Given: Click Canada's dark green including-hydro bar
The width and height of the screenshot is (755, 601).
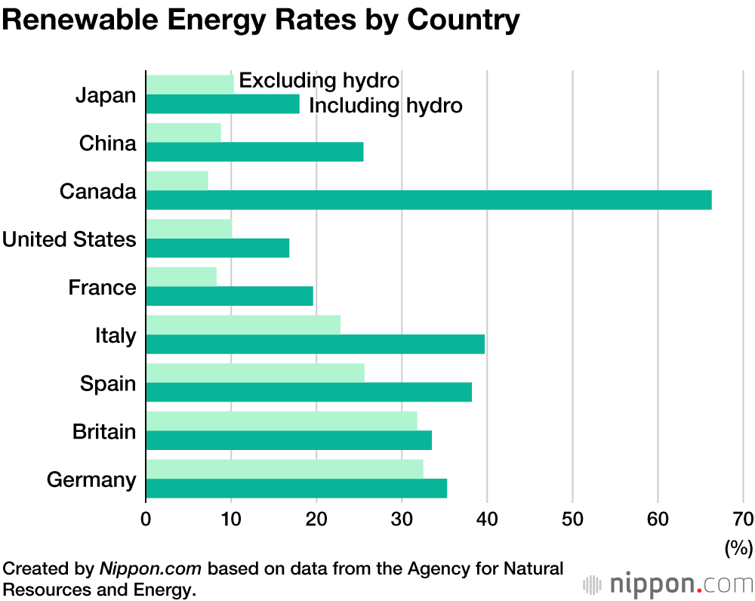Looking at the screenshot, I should tap(428, 199).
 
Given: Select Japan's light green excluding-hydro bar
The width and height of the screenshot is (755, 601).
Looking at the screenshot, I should tap(190, 85).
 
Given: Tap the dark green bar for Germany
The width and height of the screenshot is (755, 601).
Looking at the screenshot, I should tap(296, 489).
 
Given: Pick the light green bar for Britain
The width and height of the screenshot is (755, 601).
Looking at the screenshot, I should tap(281, 421).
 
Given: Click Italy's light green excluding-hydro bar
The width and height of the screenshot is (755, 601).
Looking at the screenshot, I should tap(242, 325).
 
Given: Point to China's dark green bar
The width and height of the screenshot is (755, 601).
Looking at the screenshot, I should tap(254, 152).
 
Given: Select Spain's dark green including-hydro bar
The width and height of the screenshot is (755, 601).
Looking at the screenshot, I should tap(308, 392).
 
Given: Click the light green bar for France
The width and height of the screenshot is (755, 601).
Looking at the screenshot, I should tap(181, 276).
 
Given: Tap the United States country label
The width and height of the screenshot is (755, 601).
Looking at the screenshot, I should tap(69, 240).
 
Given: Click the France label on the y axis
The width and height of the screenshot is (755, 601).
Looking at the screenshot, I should tap(102, 288).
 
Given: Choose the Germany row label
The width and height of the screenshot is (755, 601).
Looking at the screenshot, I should tap(91, 479).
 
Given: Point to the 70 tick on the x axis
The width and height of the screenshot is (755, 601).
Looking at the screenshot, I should tap(743, 519).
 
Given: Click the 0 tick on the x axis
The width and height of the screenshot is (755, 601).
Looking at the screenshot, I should tap(146, 519).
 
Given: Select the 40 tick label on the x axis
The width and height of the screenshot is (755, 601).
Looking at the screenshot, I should tap(487, 519).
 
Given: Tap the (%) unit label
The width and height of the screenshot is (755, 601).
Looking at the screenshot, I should tap(738, 547).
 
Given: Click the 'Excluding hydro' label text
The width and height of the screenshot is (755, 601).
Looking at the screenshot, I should tap(319, 80).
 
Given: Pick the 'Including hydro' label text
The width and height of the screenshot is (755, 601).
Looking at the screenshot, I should tap(386, 105).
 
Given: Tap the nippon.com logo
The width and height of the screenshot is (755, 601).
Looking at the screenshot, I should tap(668, 584).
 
